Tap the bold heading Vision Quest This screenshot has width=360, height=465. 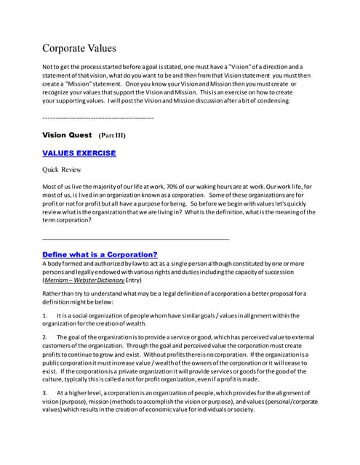68,135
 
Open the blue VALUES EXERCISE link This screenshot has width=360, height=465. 79,153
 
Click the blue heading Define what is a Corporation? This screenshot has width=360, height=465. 100,254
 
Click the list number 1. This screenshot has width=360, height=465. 46,315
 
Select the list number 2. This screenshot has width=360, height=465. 46,338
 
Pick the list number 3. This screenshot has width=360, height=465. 46,392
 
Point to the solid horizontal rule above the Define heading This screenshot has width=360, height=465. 136,238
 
